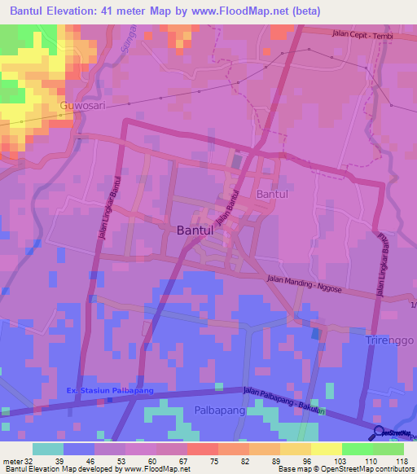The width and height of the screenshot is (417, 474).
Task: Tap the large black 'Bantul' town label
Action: [x=195, y=230]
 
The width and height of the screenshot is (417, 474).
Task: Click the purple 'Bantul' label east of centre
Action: [x=273, y=195]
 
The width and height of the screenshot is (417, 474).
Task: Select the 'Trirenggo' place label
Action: [x=390, y=340]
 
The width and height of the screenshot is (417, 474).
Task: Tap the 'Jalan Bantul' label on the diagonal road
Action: [x=230, y=208]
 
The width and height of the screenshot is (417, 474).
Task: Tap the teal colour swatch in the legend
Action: [x=48, y=449]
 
